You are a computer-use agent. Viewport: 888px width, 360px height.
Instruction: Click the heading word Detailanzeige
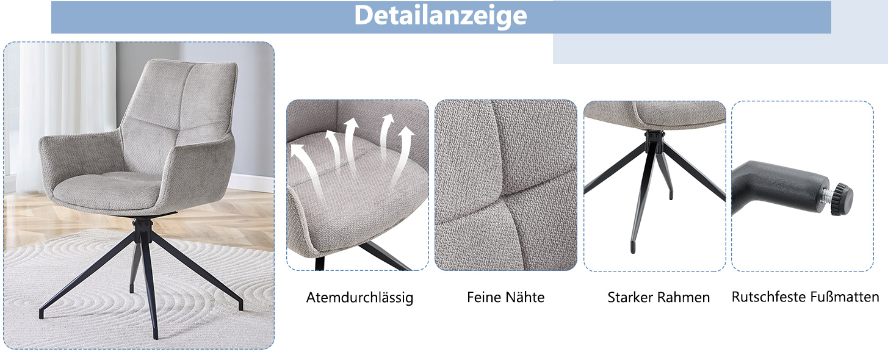click(x=441, y=16)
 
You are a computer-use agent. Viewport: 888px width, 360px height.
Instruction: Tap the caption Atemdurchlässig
click(x=359, y=297)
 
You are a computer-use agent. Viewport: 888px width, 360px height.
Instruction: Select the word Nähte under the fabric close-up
click(x=525, y=297)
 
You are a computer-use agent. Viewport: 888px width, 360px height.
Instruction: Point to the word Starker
click(x=630, y=297)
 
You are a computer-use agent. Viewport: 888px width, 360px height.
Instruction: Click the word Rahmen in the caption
click(x=684, y=297)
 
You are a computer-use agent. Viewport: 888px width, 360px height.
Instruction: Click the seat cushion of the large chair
click(x=107, y=191)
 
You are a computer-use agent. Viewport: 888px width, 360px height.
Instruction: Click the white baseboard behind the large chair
click(x=249, y=183)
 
